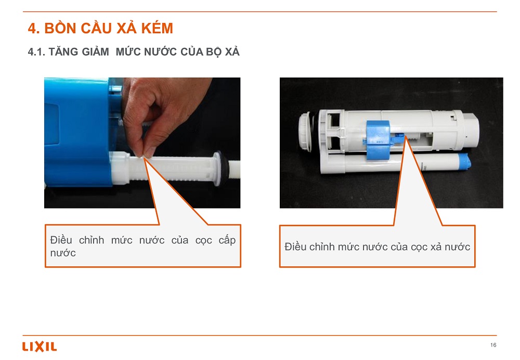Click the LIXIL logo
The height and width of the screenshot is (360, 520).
(x=40, y=346)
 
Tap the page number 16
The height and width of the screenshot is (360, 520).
(x=493, y=345)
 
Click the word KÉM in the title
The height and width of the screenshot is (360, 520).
(x=157, y=28)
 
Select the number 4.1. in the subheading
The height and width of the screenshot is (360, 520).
(x=36, y=52)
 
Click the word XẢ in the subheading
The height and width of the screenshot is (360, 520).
(x=232, y=52)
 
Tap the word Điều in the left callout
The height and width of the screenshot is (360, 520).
(x=61, y=240)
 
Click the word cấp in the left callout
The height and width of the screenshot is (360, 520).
(x=227, y=240)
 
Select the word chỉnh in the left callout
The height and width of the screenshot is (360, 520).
(x=92, y=240)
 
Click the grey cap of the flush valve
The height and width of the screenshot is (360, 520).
(x=471, y=131)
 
